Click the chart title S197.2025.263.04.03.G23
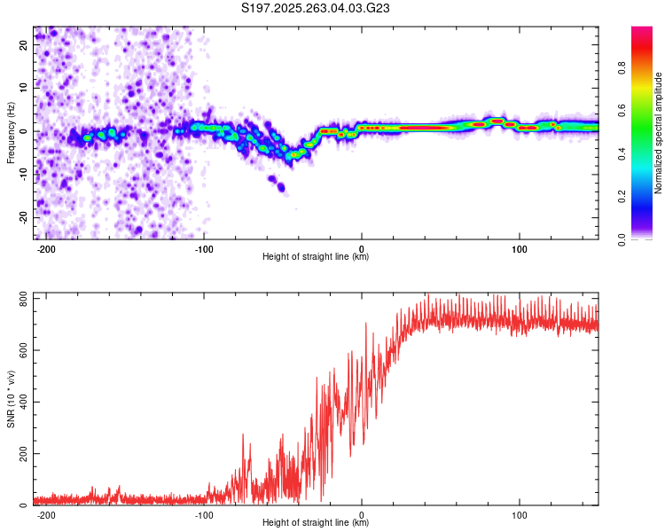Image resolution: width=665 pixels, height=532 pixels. coord(317,8)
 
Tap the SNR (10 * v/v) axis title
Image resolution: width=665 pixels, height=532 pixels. coord(11,399)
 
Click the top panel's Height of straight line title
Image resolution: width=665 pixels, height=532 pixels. coord(316,257)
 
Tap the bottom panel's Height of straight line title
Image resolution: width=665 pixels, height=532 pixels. coord(316,523)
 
